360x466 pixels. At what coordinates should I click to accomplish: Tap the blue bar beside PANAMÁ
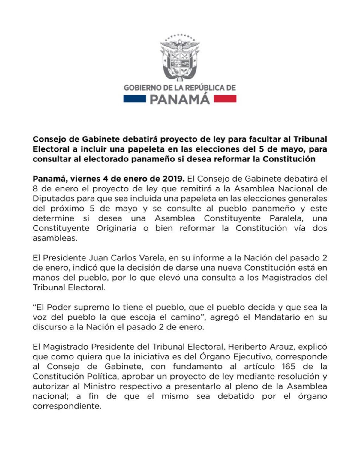point(135,99)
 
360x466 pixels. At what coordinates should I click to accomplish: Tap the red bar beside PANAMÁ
point(225,99)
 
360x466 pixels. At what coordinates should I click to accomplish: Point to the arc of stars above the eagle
point(180,37)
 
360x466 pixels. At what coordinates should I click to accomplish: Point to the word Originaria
point(116,228)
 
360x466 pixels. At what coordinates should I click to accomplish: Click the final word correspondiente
point(67,406)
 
